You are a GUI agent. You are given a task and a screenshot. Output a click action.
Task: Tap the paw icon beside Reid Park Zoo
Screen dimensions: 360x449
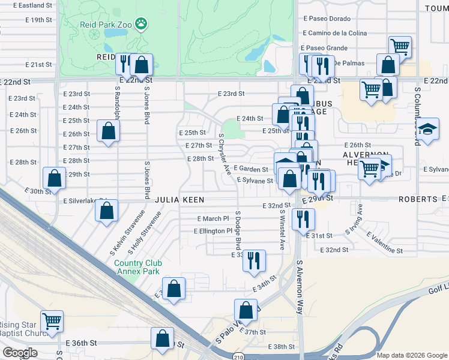coord(142,25)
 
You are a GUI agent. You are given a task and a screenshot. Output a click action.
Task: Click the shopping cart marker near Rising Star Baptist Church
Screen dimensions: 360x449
coord(52,321)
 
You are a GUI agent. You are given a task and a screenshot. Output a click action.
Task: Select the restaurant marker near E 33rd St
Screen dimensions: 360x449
coord(256,260)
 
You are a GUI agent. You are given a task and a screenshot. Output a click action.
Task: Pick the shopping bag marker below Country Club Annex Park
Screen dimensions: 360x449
coord(174,289)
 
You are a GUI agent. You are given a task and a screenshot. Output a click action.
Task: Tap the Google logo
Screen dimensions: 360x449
coord(20,352)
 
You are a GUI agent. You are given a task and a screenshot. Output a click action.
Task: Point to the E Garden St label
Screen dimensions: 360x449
coord(251,170)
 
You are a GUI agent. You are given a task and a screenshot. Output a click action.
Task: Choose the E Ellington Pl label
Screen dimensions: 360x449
coord(212,231)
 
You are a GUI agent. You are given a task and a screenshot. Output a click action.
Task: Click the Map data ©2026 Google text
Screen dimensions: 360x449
coord(412,355)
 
